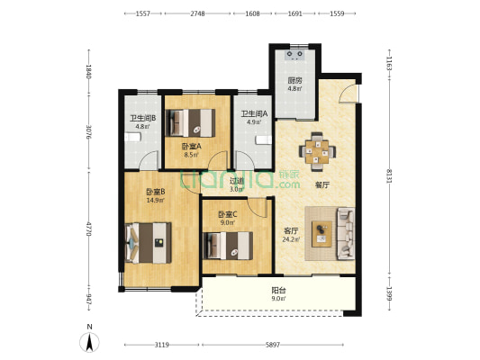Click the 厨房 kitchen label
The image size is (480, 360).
point(294,81)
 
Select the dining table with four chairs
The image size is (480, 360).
point(317,151)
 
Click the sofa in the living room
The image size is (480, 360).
point(346,234)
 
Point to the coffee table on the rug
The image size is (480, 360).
point(322,234)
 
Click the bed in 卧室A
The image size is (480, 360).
point(190,123)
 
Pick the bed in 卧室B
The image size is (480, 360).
point(149,243)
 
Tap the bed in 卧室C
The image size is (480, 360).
point(228,246)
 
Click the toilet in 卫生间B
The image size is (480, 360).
point(132,138)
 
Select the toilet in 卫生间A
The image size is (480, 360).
point(264,139)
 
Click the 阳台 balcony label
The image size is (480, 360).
point(278,290)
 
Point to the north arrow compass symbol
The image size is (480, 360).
point(89,342)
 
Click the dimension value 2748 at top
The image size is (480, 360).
point(197,13)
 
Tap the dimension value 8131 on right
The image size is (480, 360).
point(389,175)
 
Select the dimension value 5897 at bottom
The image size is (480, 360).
point(273,345)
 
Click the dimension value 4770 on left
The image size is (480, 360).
point(89,229)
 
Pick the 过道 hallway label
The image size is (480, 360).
point(237,181)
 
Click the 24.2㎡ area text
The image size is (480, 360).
point(291,239)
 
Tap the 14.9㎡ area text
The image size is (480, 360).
point(156,201)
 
